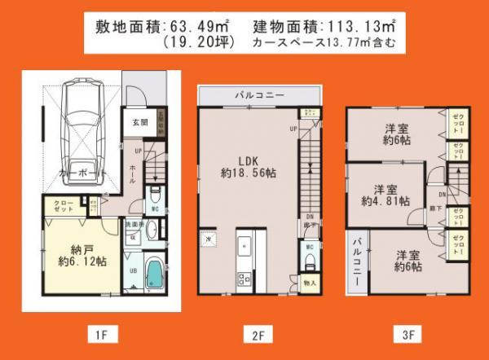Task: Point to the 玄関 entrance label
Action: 139,122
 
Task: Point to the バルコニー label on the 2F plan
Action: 260,94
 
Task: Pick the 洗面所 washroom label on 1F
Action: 132,224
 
